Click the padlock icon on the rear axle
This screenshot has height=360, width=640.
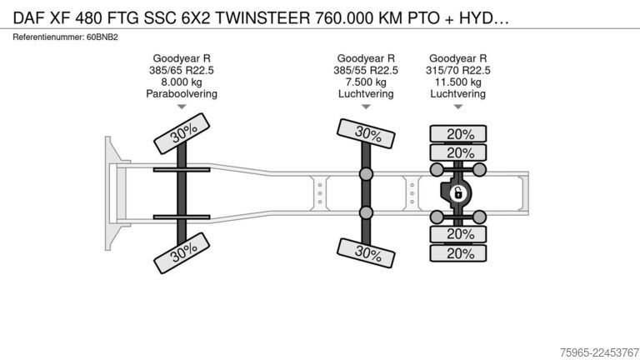(458, 192)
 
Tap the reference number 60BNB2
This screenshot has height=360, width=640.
(102, 37)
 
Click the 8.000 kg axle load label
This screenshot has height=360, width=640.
(182, 82)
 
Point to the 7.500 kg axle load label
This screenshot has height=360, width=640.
(366, 82)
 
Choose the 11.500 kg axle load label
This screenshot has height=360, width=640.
(458, 82)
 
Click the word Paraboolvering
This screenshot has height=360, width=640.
(182, 94)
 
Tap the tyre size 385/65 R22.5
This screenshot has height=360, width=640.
(182, 70)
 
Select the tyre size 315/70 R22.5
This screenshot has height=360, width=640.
(458, 70)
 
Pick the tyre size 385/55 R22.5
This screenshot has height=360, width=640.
(366, 70)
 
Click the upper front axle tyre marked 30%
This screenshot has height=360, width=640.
(182, 133)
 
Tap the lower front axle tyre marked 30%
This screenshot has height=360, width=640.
(182, 253)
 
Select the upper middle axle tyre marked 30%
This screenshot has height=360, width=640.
(366, 133)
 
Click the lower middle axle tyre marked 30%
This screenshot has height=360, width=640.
(366, 253)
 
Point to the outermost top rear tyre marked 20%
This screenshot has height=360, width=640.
(458, 134)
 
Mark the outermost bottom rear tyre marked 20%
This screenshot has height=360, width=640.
(458, 253)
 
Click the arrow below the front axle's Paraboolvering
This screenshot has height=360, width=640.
(182, 107)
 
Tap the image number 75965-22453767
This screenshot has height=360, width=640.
(599, 352)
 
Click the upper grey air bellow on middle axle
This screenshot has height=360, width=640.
(366, 174)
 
